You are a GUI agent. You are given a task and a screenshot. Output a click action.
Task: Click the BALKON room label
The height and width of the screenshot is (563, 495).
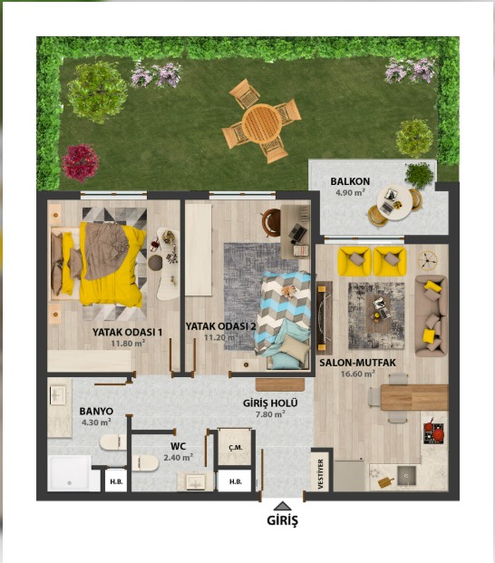350,181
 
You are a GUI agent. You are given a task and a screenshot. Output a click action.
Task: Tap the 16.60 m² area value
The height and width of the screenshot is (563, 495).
358,374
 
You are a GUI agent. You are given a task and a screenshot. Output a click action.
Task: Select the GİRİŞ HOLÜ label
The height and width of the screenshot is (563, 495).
270,403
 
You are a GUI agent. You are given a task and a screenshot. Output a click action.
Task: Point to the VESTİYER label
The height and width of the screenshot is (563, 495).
321,473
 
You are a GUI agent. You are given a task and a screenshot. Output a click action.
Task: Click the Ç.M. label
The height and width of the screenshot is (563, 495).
236,448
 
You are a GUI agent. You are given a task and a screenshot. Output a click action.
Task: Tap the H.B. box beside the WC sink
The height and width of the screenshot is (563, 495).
236,481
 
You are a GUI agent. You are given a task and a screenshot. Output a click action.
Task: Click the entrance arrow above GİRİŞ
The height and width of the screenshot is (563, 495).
283,506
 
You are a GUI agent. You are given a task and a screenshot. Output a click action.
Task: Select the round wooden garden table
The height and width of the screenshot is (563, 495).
262,123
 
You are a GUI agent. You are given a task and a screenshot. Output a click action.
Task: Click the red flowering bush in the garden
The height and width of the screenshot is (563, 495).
80,162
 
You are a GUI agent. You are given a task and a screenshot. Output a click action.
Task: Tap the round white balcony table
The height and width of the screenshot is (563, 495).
394,203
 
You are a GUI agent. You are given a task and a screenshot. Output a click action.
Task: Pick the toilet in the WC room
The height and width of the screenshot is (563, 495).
145,463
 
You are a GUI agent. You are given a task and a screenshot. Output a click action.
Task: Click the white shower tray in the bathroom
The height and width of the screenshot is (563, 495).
70,473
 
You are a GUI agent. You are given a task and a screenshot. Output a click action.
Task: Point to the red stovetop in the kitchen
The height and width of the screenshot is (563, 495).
434,432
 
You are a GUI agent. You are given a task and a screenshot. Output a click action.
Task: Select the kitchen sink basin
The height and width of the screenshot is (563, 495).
406,475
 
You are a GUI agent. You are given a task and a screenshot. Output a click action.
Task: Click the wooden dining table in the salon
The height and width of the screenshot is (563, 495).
414,397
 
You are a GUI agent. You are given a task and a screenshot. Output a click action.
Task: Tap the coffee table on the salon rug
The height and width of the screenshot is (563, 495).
380,311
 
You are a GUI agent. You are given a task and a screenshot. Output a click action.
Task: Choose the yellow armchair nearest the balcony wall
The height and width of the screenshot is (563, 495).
354,261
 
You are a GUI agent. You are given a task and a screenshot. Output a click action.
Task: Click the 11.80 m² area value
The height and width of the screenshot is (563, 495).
128,343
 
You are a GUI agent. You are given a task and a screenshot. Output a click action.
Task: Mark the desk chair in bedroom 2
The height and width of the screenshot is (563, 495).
271,223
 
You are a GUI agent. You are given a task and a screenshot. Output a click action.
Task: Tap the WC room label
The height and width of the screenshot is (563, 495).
178,446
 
